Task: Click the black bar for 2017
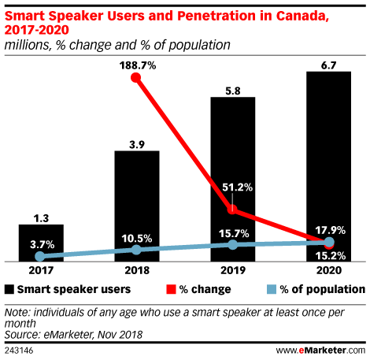(41, 243)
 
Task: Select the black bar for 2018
(137, 206)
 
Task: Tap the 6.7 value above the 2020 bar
(328, 65)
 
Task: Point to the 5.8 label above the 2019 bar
(233, 91)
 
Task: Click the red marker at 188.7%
(135, 77)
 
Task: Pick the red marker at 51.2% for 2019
(232, 210)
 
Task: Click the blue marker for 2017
(40, 256)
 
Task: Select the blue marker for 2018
(136, 250)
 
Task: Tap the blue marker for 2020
(329, 242)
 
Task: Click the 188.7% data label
(138, 65)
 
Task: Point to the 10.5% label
(137, 239)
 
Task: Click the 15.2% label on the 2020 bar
(330, 256)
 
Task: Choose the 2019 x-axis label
(233, 270)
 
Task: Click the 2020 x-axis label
(329, 270)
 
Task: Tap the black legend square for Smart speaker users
(9, 289)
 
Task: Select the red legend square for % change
(171, 289)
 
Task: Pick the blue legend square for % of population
(272, 289)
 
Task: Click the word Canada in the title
(302, 16)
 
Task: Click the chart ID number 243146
(19, 351)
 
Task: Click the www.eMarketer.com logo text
(320, 351)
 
